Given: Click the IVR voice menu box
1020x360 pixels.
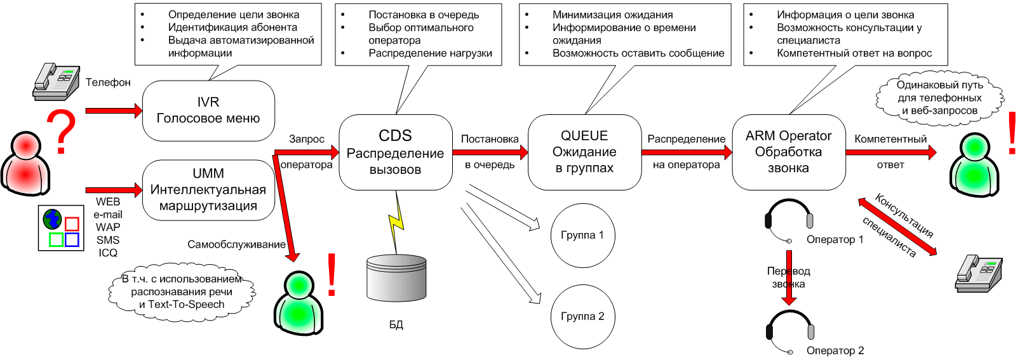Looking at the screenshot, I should coord(208,110).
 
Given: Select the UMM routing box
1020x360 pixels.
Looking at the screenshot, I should coord(208,190).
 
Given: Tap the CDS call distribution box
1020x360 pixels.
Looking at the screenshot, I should coord(395,152).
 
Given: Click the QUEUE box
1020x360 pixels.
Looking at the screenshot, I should coord(584,152).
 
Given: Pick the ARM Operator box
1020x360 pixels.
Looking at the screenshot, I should coord(788,152).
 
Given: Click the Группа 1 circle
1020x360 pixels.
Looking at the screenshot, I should coord(582,236).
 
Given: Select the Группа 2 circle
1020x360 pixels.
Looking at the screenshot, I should coord(582,317).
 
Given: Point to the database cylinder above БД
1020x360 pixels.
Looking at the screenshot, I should coord(396,278).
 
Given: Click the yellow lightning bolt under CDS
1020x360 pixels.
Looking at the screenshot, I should coord(396,222).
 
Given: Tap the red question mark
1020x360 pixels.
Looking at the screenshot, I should coord(62,131).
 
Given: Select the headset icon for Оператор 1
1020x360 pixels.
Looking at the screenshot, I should coord(788,220).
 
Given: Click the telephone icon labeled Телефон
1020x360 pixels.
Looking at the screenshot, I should coord(57,82).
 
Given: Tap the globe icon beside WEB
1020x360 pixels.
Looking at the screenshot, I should coord(53,220).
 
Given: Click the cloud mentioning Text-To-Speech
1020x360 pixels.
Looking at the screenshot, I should coord(182,292).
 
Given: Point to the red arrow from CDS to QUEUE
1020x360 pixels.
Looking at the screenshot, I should coord(490,152).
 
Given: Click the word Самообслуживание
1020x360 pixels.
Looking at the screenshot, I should coord(236,244).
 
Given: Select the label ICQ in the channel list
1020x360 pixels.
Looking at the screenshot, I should coord(108,253).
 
